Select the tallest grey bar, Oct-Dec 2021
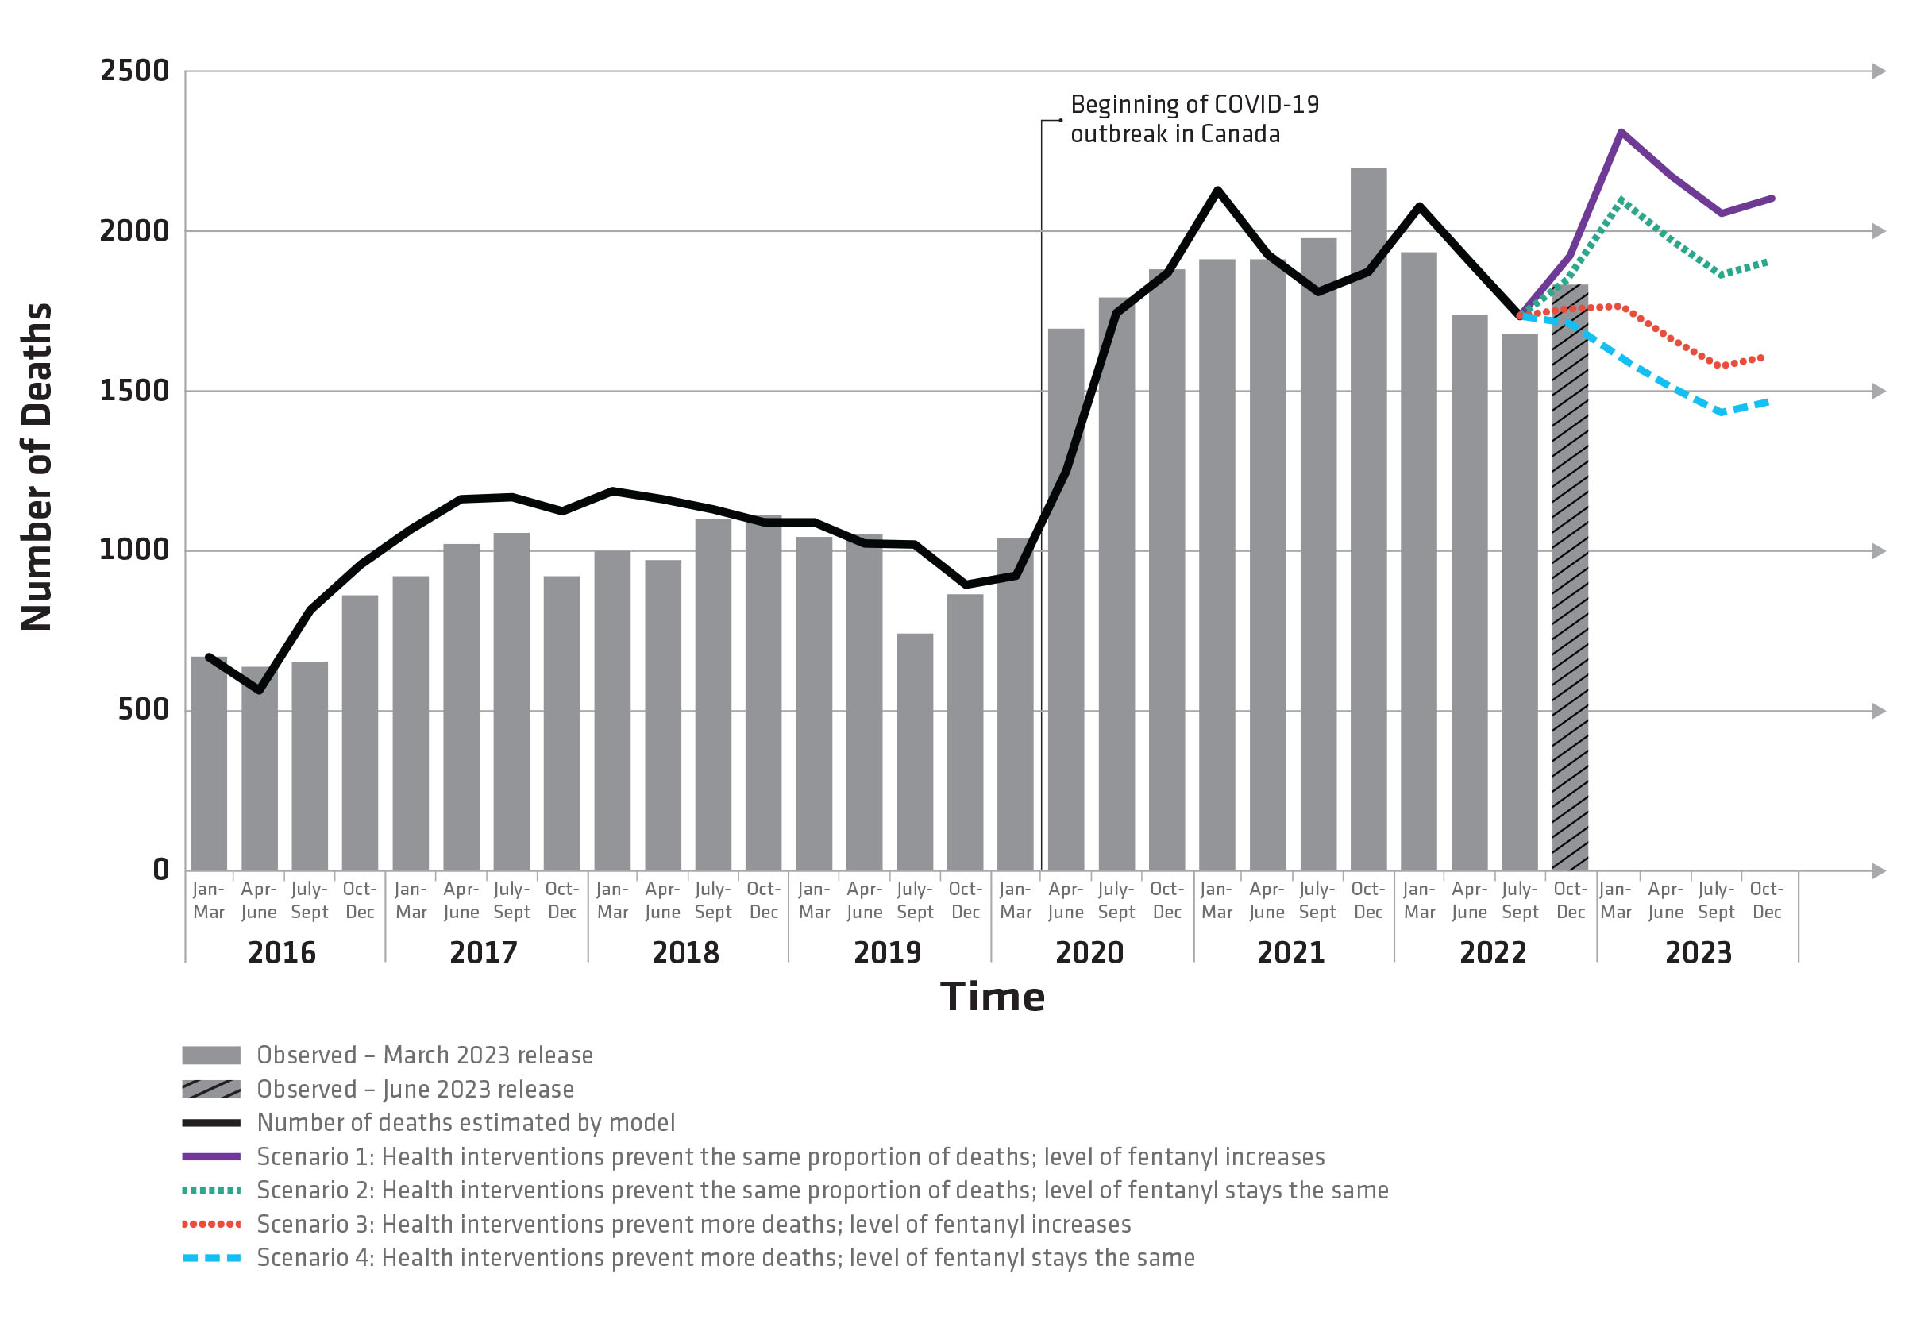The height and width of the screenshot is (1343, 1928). (x=1368, y=521)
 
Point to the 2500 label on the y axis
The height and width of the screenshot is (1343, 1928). (x=134, y=71)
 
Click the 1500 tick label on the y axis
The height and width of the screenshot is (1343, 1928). (x=134, y=391)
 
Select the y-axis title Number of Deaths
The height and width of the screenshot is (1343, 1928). (x=37, y=466)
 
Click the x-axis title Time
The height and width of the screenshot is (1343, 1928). (x=992, y=997)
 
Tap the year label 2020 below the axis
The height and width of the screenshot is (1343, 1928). (x=1089, y=952)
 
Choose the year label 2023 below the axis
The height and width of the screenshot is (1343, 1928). (x=1698, y=952)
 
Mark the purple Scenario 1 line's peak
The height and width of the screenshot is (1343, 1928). (x=1621, y=132)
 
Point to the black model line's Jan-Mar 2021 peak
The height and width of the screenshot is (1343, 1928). (x=1217, y=190)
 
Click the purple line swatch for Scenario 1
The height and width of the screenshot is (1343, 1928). (x=210, y=1156)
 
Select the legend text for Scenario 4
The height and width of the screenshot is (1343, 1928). (x=725, y=1257)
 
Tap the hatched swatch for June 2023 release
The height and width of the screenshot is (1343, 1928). (x=210, y=1090)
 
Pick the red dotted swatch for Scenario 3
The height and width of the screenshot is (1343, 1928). (x=210, y=1224)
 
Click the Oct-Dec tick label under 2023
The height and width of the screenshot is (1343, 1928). (x=1766, y=900)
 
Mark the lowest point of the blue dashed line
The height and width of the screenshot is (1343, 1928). (x=1722, y=412)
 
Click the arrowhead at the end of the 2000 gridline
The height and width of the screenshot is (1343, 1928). (x=1879, y=231)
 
